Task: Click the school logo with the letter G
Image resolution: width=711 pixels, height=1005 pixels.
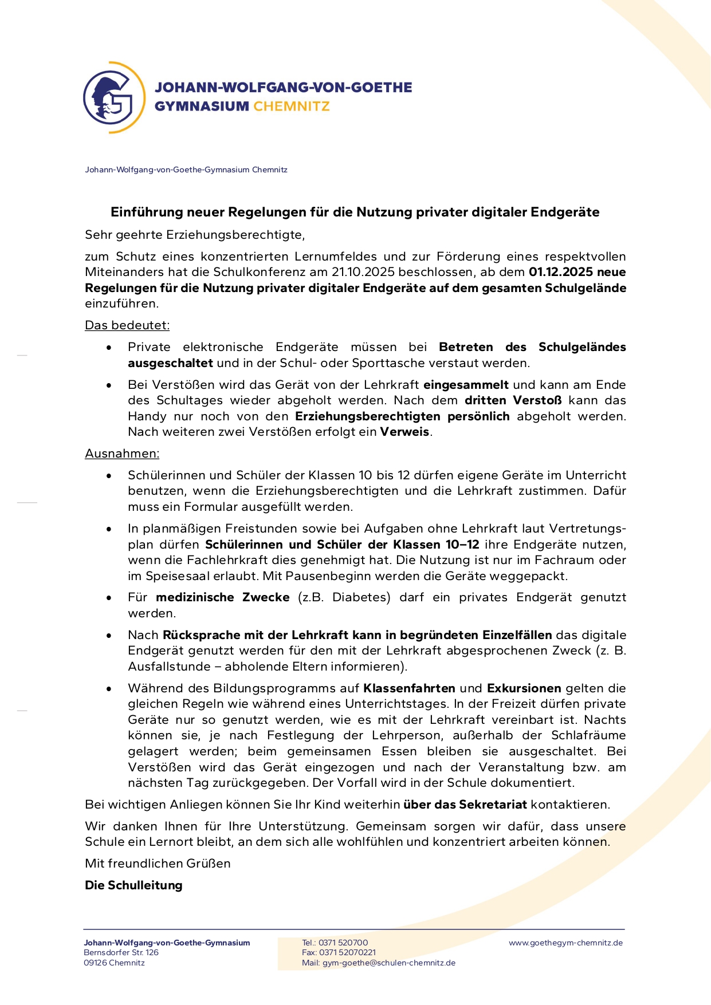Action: (113, 97)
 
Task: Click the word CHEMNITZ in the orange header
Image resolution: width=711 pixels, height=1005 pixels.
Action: (292, 107)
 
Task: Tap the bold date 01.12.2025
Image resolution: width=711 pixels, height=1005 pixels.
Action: (561, 272)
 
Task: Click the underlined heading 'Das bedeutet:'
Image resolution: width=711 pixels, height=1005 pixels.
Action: (127, 325)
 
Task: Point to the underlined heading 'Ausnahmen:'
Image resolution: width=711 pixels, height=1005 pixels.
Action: (122, 454)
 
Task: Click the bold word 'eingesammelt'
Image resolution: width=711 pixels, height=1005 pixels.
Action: (466, 385)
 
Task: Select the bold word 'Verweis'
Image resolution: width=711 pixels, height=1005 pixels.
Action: (404, 432)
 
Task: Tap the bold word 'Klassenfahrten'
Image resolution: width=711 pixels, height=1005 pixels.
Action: (409, 688)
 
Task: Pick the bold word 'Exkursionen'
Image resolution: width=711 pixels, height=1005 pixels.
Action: (524, 688)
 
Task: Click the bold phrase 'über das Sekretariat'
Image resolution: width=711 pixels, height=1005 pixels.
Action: (465, 805)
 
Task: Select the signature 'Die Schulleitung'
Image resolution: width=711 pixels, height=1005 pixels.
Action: (133, 885)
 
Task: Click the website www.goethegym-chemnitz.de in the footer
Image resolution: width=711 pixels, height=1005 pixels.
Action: (565, 943)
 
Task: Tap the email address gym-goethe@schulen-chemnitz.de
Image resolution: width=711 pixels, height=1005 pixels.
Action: (389, 963)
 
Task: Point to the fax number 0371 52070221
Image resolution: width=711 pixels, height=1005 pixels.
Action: (348, 953)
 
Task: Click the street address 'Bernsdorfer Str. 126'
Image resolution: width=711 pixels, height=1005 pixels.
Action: (121, 953)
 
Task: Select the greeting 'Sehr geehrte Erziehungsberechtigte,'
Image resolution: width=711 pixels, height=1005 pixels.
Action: (195, 235)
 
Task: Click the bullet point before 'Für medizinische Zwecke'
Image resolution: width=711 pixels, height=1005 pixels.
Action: (109, 598)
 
